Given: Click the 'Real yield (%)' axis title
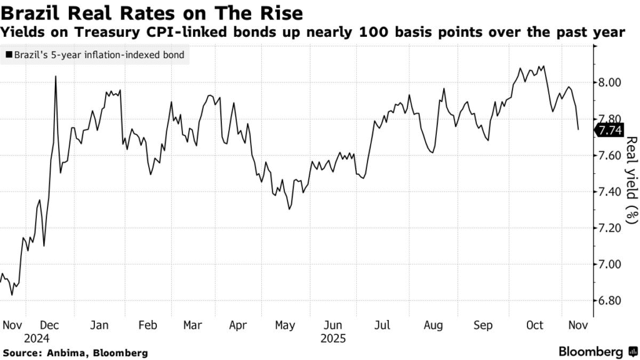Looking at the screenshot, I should point(631,180).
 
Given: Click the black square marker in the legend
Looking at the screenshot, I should point(8,55).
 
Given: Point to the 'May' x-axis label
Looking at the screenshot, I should point(285,325).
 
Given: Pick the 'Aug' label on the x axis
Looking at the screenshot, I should point(433,325).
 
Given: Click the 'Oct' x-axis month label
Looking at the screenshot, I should point(536,325).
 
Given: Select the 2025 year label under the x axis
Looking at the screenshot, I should point(333,339).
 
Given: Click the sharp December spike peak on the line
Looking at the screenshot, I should point(56,77).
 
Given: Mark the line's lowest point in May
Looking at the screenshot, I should point(289,209).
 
